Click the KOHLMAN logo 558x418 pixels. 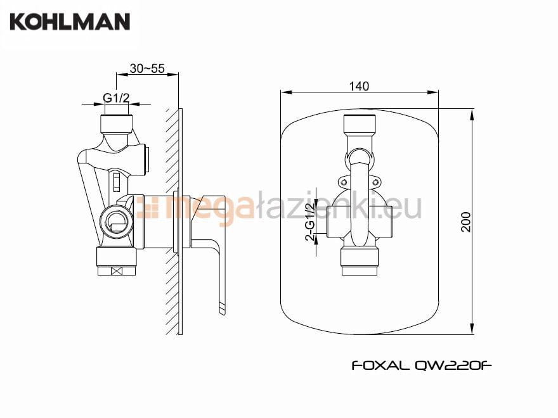click(x=70, y=22)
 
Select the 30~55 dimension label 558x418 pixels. click(x=147, y=68)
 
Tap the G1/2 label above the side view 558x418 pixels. click(x=116, y=98)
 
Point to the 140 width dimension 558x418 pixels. click(x=359, y=86)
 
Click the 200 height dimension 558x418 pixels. click(x=466, y=222)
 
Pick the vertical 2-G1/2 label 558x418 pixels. click(x=310, y=222)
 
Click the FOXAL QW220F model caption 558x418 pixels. click(x=422, y=365)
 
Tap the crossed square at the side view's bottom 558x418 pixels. click(x=117, y=271)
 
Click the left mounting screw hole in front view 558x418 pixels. click(x=344, y=182)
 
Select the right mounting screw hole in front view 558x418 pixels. click(x=376, y=182)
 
